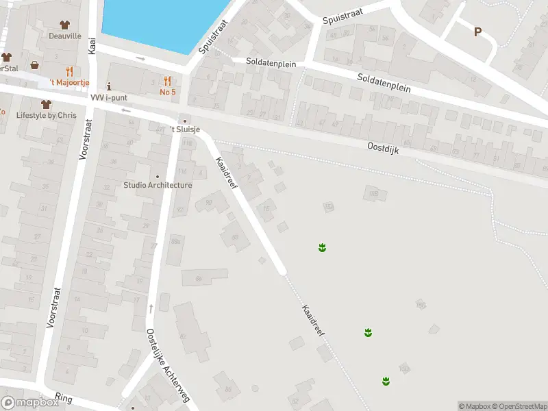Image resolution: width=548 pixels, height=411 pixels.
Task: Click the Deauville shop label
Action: (64, 36)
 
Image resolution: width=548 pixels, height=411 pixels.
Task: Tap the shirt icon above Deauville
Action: (64, 25)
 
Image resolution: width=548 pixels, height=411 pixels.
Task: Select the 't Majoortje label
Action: (68, 82)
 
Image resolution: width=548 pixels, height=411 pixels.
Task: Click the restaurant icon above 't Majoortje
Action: (68, 71)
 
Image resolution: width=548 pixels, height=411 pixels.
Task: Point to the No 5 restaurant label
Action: (168, 91)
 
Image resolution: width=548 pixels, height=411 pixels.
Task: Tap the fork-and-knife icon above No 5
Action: (168, 80)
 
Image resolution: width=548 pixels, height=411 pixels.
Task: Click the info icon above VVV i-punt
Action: (109, 87)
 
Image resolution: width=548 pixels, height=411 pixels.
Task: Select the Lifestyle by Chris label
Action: (47, 115)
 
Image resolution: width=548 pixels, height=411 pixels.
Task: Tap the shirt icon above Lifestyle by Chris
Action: (46, 104)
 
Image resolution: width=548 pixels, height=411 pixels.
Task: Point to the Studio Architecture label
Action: (158, 185)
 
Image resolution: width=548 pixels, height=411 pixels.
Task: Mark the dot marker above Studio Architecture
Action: (158, 176)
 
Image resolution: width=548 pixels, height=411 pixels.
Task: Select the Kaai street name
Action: (92, 46)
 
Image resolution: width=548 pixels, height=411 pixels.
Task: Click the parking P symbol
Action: (477, 31)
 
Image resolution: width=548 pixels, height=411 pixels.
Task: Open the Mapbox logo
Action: (30, 403)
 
